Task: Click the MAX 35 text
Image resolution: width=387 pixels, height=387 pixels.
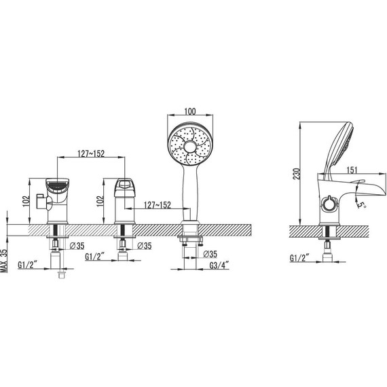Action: coord(6,259)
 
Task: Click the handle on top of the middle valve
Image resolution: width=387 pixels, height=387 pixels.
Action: coord(124,185)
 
